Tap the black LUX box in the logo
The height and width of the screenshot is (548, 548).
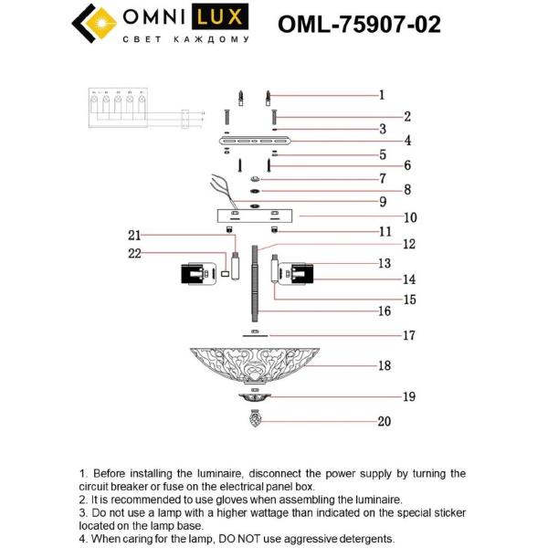[x=223, y=18]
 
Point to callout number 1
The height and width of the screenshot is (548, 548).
[x=382, y=94]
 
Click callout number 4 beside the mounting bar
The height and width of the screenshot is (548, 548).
[x=383, y=141]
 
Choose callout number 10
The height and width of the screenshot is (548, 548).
[x=385, y=217]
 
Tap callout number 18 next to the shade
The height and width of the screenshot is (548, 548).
[x=385, y=365]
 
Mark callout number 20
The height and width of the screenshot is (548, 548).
[x=385, y=421]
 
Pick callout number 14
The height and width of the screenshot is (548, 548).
[x=385, y=279]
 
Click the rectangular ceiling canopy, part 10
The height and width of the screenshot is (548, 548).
[x=255, y=216]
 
